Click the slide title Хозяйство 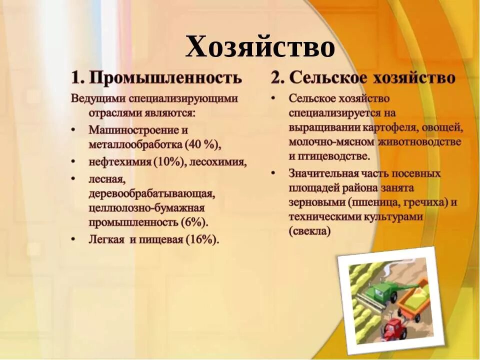[260, 47]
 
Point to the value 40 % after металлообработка [201, 145]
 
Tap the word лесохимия [219, 162]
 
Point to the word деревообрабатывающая [151, 192]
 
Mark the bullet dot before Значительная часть [273, 174]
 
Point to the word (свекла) [309, 231]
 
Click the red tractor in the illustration [395, 327]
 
